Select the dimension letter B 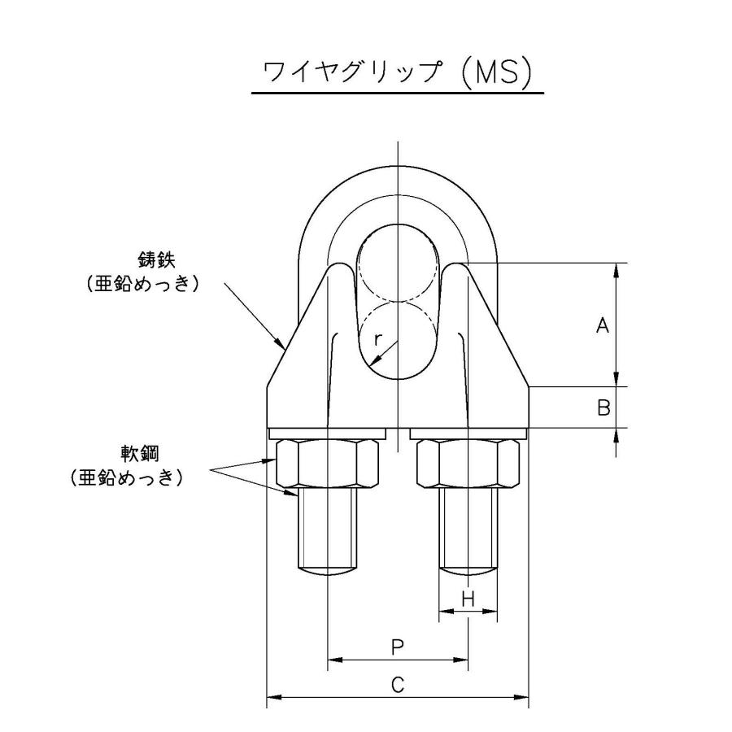[603, 408]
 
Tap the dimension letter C [397, 686]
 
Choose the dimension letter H [468, 599]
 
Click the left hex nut [329, 463]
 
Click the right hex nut [467, 463]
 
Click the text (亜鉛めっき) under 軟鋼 [126, 478]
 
